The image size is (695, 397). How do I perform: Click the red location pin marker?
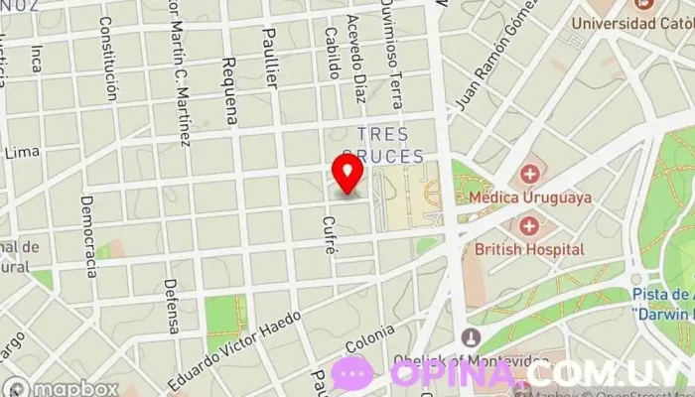point(347,173)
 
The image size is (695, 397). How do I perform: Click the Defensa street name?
point(171,305)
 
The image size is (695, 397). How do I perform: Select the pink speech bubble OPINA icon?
point(351,373)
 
